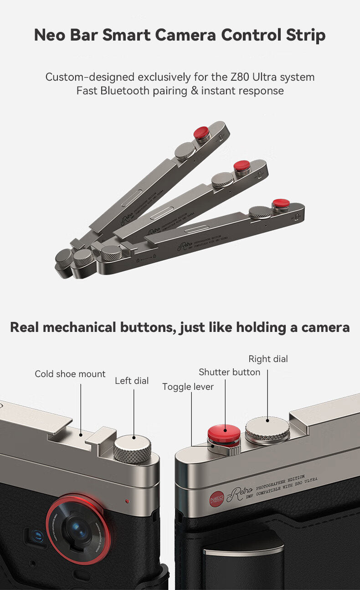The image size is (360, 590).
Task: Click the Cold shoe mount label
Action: [70, 374]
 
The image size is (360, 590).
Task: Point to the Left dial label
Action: [132, 381]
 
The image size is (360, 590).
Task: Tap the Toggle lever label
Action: [188, 387]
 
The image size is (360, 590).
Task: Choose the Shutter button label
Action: [229, 372]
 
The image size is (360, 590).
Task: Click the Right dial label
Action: [268, 359]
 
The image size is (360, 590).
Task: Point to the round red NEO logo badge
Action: [217, 499]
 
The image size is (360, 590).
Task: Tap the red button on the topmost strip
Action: [201, 132]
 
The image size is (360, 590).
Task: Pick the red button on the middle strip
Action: [242, 165]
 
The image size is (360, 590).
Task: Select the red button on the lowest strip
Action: [281, 203]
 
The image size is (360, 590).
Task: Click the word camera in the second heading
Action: [319, 327]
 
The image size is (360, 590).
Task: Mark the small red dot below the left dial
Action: [127, 501]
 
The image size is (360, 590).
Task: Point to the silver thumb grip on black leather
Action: [237, 553]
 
